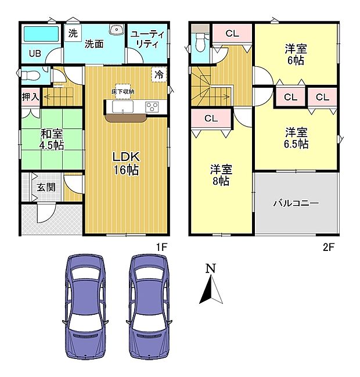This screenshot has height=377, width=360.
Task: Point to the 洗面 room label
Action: [x=93, y=44]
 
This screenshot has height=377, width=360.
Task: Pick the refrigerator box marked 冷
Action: [x=159, y=74]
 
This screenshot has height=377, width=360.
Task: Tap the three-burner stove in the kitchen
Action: [x=152, y=106]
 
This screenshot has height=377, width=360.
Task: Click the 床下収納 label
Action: [x=123, y=92]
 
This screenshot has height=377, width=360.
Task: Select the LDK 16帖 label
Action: [x=126, y=163]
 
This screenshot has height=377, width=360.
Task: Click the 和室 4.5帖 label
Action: [x=51, y=139]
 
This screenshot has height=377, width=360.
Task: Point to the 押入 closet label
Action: [x=31, y=97]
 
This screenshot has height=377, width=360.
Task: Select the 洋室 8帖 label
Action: [x=221, y=175]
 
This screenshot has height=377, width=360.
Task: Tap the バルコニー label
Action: [x=296, y=204]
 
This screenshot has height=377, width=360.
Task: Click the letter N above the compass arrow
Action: [x=211, y=269]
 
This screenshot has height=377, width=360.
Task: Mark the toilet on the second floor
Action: [x=201, y=42]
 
